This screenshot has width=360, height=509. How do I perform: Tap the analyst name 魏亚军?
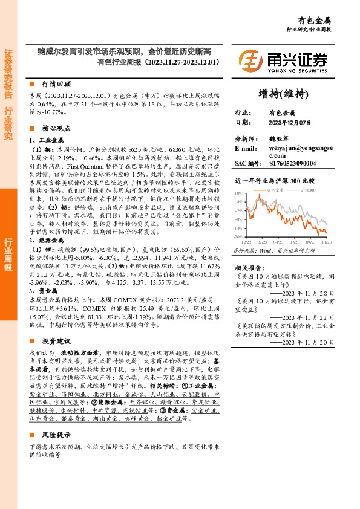[280, 138]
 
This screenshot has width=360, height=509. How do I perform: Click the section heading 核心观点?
[56, 128]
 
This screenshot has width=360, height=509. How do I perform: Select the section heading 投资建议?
[56, 340]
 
